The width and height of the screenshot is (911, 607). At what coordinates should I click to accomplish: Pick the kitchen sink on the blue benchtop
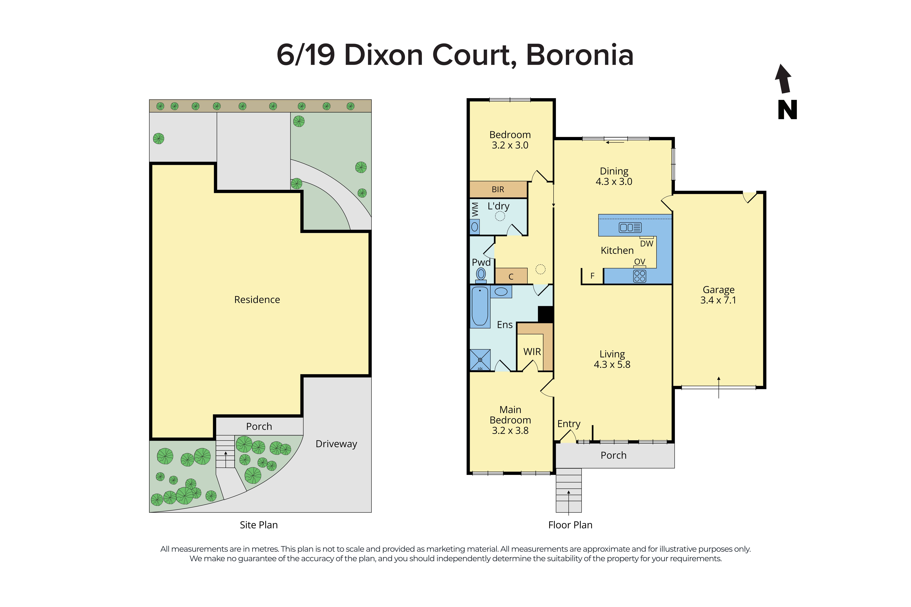[x=630, y=227]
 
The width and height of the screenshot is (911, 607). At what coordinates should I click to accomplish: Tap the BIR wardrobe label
[x=498, y=189]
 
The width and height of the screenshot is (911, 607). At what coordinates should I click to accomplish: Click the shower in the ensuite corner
[x=480, y=360]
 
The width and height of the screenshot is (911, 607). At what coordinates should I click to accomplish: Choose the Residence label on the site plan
[x=257, y=300]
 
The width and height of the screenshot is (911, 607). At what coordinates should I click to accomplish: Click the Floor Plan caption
[x=570, y=525]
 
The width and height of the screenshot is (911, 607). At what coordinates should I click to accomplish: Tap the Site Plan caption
[x=258, y=525]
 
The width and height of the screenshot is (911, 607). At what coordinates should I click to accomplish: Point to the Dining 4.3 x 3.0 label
[x=614, y=176]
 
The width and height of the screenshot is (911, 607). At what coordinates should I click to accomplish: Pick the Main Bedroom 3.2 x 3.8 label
[x=510, y=420]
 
